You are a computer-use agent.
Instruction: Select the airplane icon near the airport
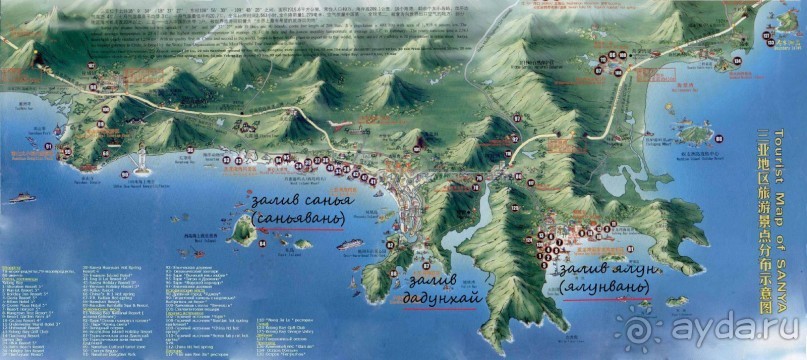(x=341, y=124)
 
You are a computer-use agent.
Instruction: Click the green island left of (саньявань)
(x=241, y=231)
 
